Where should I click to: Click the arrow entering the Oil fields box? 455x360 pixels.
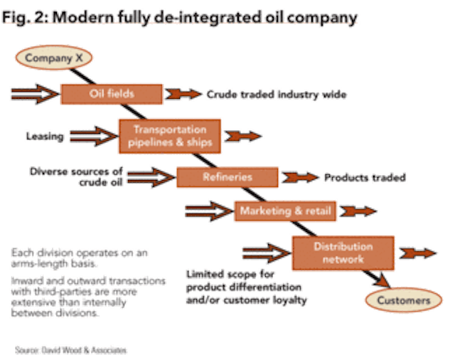tap(34, 93)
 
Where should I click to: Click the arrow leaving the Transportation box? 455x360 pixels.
tap(244, 134)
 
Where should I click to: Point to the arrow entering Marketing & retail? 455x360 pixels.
tap(208, 211)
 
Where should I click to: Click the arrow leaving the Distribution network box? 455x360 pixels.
tap(417, 253)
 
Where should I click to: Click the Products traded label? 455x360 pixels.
tap(365, 177)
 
